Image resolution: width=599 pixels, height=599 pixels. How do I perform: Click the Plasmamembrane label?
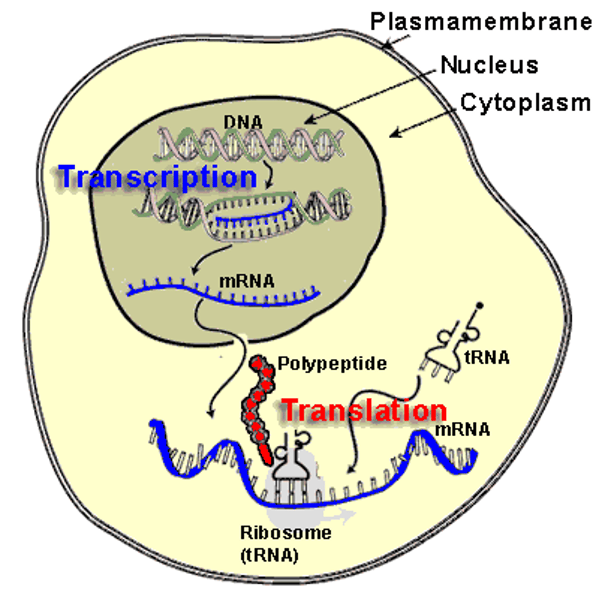pos(480,22)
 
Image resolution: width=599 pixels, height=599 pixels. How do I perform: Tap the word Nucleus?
pos(489,65)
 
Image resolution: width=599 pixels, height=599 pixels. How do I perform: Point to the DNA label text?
pos(243,122)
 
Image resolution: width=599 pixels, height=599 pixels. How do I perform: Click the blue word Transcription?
pos(158,177)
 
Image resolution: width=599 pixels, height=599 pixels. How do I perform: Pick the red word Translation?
pos(364,410)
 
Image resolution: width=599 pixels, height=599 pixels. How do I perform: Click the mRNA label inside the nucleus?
pos(247,282)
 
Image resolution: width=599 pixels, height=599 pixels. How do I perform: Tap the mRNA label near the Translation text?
pos(462,429)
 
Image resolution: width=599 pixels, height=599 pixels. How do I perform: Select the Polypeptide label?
pos(332,363)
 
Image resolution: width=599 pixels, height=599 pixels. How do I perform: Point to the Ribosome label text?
pos(286,533)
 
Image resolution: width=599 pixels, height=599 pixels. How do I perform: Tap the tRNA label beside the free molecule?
pos(487,357)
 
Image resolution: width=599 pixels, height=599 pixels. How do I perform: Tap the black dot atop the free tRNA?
pos(480,304)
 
